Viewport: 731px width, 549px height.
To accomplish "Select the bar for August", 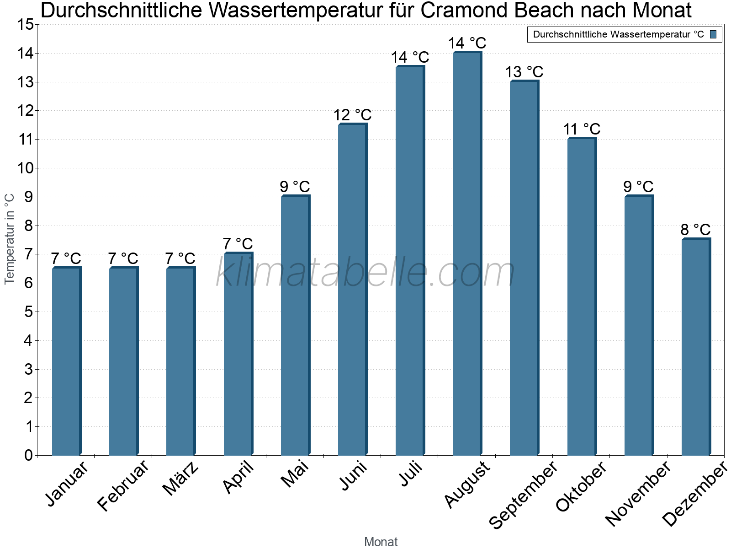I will [467, 254].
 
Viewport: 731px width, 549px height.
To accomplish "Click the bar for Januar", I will [66, 361].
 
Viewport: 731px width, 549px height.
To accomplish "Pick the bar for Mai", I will [295, 325].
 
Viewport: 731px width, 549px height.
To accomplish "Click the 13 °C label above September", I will [524, 72].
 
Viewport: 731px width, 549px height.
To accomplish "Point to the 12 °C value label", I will [352, 115].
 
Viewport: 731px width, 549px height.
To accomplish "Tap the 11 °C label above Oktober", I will [582, 129].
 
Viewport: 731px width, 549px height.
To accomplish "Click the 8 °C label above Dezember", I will [695, 230].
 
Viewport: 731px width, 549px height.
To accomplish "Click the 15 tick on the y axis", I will [26, 25].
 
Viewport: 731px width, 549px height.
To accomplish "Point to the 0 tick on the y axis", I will [29, 455].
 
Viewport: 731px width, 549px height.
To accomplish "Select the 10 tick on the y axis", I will [26, 168].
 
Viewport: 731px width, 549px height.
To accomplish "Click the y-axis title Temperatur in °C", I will [10, 239].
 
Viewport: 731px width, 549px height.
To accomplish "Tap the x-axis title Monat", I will [381, 542].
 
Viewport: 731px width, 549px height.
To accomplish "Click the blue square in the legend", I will [714, 34].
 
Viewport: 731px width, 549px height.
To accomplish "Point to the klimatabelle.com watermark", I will [365, 272].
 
